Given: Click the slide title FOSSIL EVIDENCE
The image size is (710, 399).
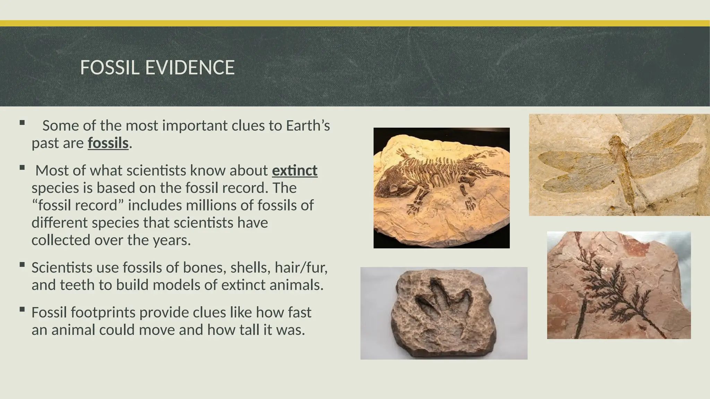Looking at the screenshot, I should (157, 68).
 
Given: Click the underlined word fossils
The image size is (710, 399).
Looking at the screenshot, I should (108, 143).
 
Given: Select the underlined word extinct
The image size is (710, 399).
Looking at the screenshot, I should (295, 171).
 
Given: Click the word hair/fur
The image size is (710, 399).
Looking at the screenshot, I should (301, 268).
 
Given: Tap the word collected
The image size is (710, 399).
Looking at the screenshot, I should (61, 240).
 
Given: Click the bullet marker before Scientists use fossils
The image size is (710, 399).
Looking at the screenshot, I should (22, 265).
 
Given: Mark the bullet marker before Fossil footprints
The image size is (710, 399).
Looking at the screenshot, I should (22, 310).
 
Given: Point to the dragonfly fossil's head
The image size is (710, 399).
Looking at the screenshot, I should (615, 141).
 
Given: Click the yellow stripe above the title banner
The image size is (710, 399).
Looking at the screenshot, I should (355, 23).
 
